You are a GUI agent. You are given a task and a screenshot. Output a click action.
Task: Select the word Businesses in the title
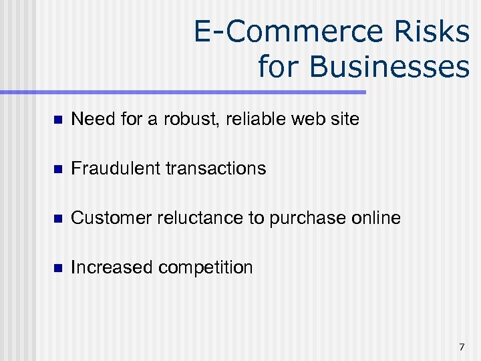coord(363,66)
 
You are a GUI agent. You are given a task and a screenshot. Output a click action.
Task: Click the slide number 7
coord(462,347)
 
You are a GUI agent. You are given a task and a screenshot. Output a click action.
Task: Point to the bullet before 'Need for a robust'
coord(57,120)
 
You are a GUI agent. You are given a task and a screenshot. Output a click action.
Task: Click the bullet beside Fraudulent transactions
coord(57,169)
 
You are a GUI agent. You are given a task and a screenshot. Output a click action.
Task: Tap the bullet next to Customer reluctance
coord(57,219)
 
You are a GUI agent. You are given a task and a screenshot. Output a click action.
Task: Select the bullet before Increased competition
coord(57,268)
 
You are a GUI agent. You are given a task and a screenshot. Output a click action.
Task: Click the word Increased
coord(112,267)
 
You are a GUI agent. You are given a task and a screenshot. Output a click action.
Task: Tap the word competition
coord(206,268)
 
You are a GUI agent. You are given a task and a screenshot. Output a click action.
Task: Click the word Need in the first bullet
coord(90,120)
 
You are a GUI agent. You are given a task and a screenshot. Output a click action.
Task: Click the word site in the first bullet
coord(346,120)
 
